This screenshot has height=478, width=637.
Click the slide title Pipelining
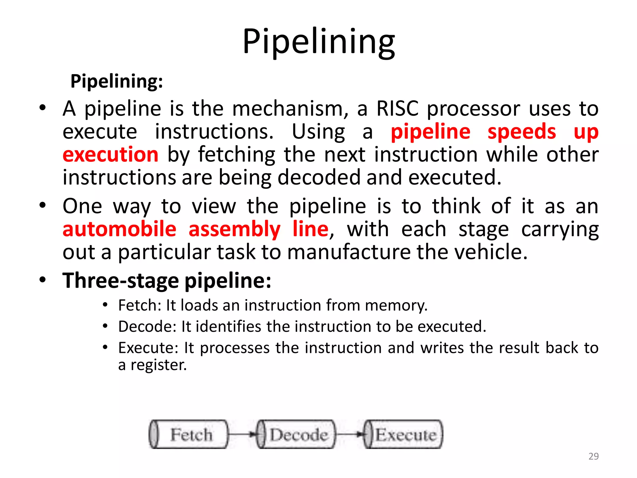pyautogui.click(x=318, y=41)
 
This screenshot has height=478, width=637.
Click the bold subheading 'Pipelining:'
pyautogui.click(x=117, y=81)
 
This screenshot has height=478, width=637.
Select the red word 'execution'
pyautogui.click(x=110, y=155)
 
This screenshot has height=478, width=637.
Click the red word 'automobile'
pyautogui.click(x=119, y=229)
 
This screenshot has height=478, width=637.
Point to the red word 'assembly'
pyautogui.click(x=234, y=230)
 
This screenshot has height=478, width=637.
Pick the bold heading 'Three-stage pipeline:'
pyautogui.click(x=167, y=281)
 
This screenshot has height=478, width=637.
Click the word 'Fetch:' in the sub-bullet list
pyautogui.click(x=140, y=305)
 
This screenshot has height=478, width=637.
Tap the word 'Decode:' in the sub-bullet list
pyautogui.click(x=147, y=326)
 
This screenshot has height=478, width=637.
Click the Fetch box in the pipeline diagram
pyautogui.click(x=189, y=434)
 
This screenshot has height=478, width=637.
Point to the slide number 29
pyautogui.click(x=593, y=456)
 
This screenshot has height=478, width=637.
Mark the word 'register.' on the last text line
pyautogui.click(x=159, y=365)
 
